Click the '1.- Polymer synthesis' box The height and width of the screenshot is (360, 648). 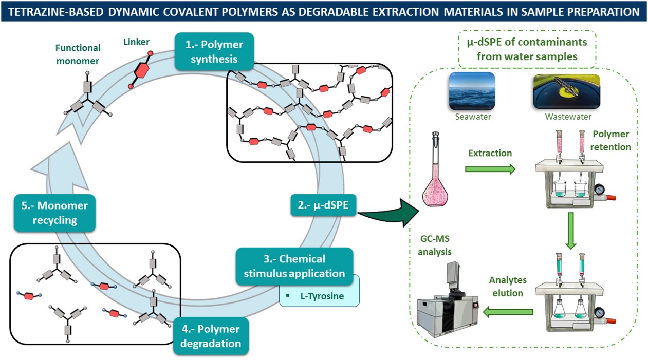pyautogui.click(x=214, y=51)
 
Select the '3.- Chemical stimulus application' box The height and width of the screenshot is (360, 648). pyautogui.click(x=294, y=266)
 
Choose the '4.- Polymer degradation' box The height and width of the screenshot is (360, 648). pyautogui.click(x=211, y=335)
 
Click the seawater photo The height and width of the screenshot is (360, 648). pyautogui.click(x=471, y=90)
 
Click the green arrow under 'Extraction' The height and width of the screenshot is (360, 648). pyautogui.click(x=490, y=169)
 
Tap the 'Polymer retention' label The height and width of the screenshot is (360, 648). pyautogui.click(x=610, y=141)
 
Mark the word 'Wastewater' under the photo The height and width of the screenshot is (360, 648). pyautogui.click(x=565, y=117)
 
